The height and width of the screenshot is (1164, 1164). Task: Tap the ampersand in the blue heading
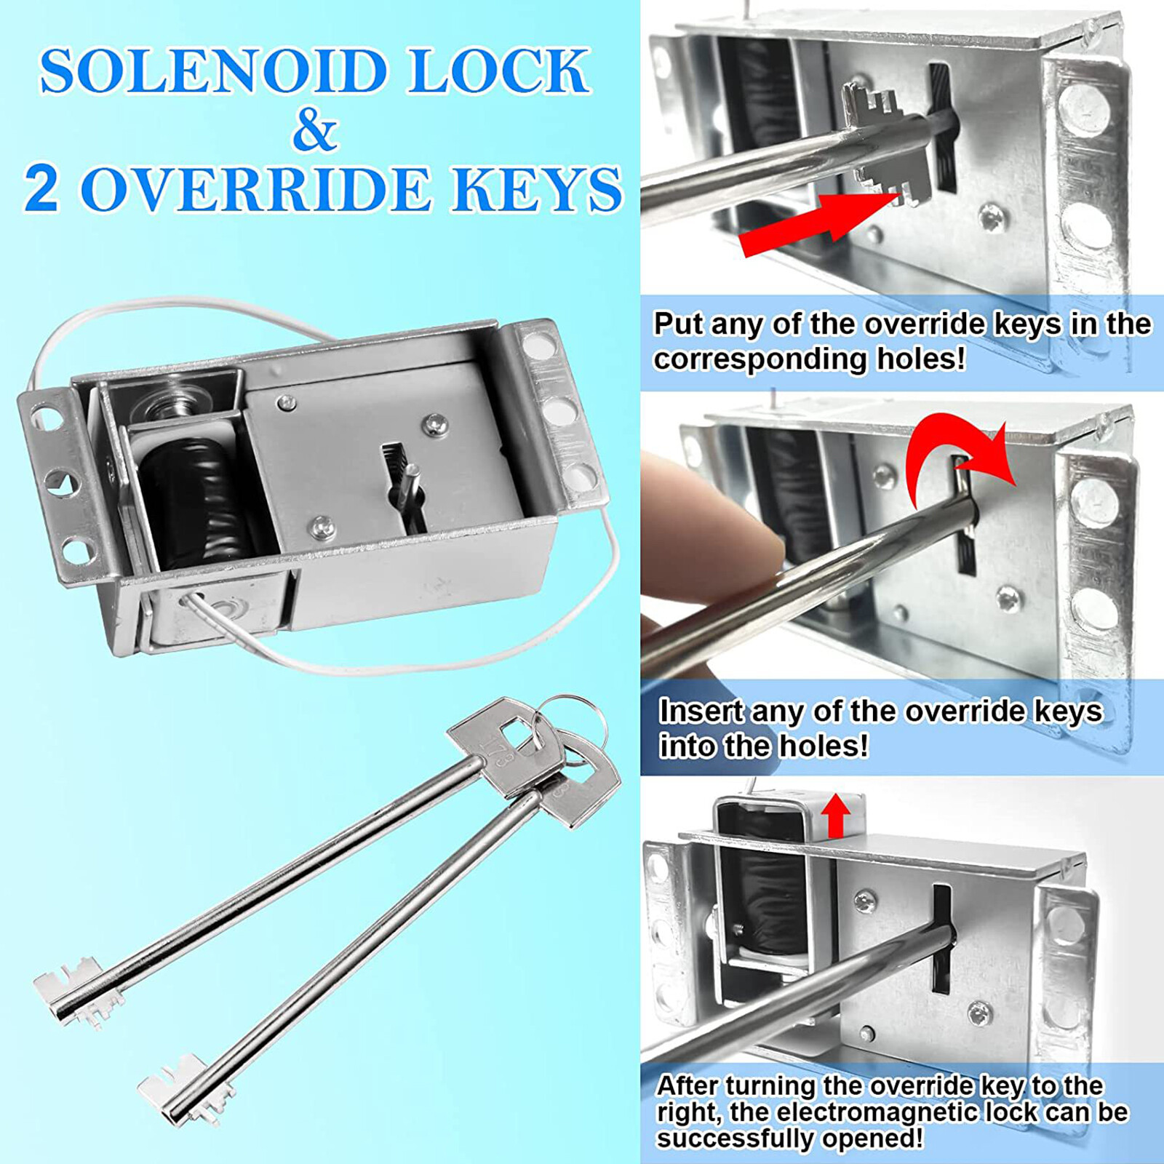point(314,131)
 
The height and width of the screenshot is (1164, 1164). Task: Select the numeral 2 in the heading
point(42,188)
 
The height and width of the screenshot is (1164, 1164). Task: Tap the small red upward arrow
point(836,816)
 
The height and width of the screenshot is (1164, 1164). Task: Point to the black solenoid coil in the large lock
point(196,502)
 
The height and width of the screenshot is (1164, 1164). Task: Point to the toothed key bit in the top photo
point(877,145)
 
